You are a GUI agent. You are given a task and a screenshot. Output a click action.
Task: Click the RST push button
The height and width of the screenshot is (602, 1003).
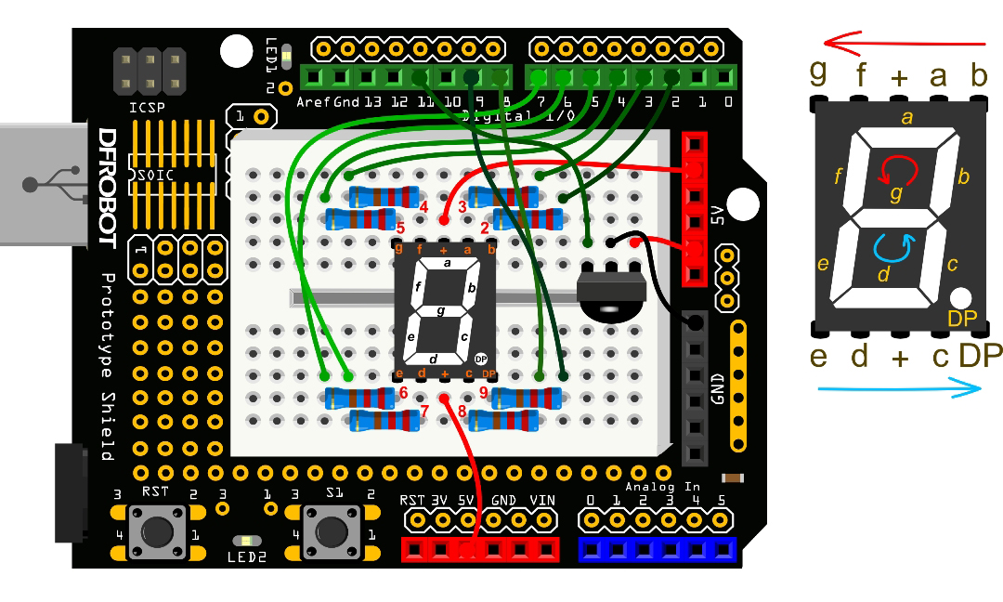[x=156, y=530]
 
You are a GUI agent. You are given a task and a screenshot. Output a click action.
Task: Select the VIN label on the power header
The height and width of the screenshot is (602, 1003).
[x=542, y=501]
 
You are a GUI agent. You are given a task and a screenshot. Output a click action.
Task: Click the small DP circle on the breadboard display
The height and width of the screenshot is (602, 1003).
[x=480, y=359]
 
